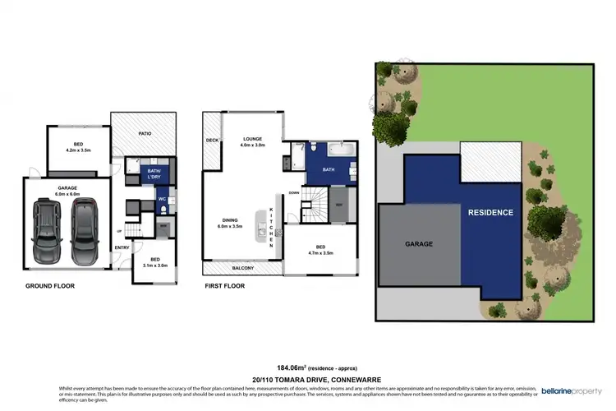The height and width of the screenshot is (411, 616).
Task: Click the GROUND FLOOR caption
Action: pos(51,288)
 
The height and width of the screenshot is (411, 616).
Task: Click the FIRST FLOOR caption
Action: pos(226,288)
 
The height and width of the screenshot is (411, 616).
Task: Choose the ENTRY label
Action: pos(122,247)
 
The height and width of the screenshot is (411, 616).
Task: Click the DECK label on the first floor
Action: pos(212,141)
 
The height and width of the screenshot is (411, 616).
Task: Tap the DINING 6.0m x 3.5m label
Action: pos(236,223)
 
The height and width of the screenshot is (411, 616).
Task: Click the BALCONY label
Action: pos(242,268)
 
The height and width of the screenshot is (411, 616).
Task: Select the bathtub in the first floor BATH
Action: pos(336,151)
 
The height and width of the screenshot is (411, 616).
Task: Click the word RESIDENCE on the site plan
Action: pos(490,212)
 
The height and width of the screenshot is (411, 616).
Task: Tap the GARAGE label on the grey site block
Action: pos(419,244)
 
